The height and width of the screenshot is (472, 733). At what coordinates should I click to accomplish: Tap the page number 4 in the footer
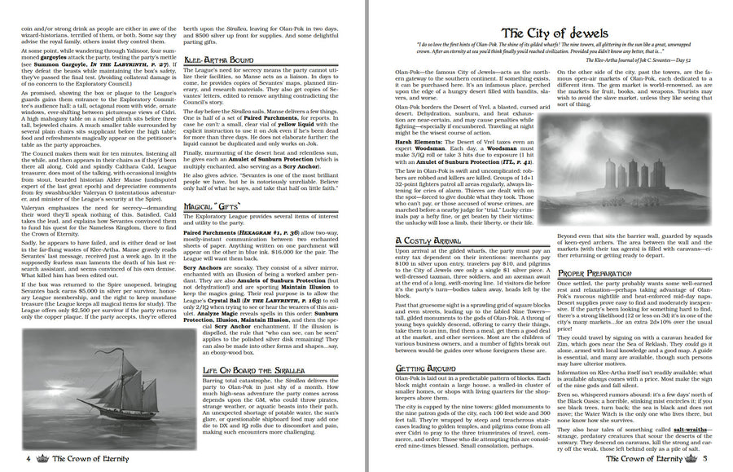click(x=28, y=459)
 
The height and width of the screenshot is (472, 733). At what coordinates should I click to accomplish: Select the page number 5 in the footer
click(x=705, y=459)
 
